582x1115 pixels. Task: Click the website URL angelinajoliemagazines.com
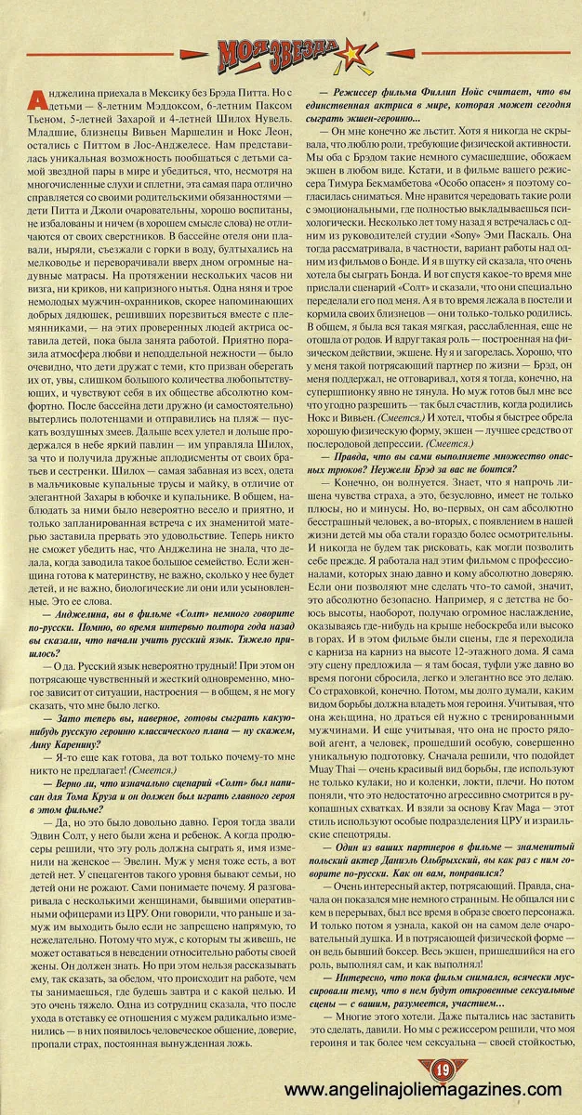[x=423, y=1090]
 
